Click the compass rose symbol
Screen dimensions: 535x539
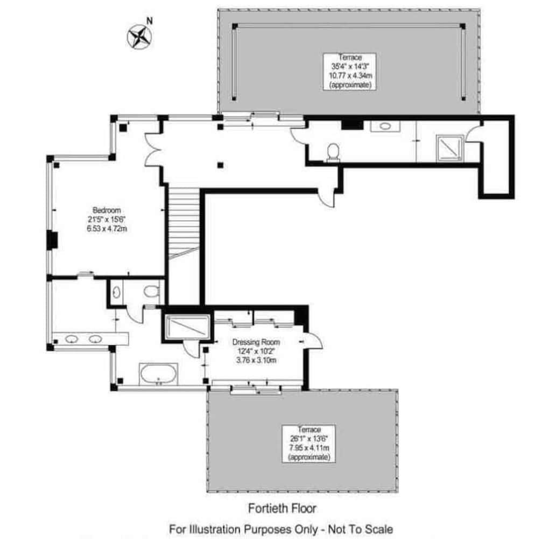[139, 37]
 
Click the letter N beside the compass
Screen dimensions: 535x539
[149, 21]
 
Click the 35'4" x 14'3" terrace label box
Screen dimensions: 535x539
[350, 72]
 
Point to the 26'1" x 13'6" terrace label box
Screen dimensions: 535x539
[308, 444]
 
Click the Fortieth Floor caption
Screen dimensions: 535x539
[282, 508]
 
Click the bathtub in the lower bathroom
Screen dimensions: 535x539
[158, 374]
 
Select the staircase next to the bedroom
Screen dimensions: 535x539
[184, 222]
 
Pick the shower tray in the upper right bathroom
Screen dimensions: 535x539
[449, 148]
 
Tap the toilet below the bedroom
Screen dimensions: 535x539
[152, 292]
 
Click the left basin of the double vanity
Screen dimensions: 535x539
[72, 339]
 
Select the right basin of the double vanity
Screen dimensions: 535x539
[95, 339]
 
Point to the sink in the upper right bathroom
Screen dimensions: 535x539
[385, 126]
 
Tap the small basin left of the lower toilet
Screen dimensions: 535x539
[116, 293]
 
